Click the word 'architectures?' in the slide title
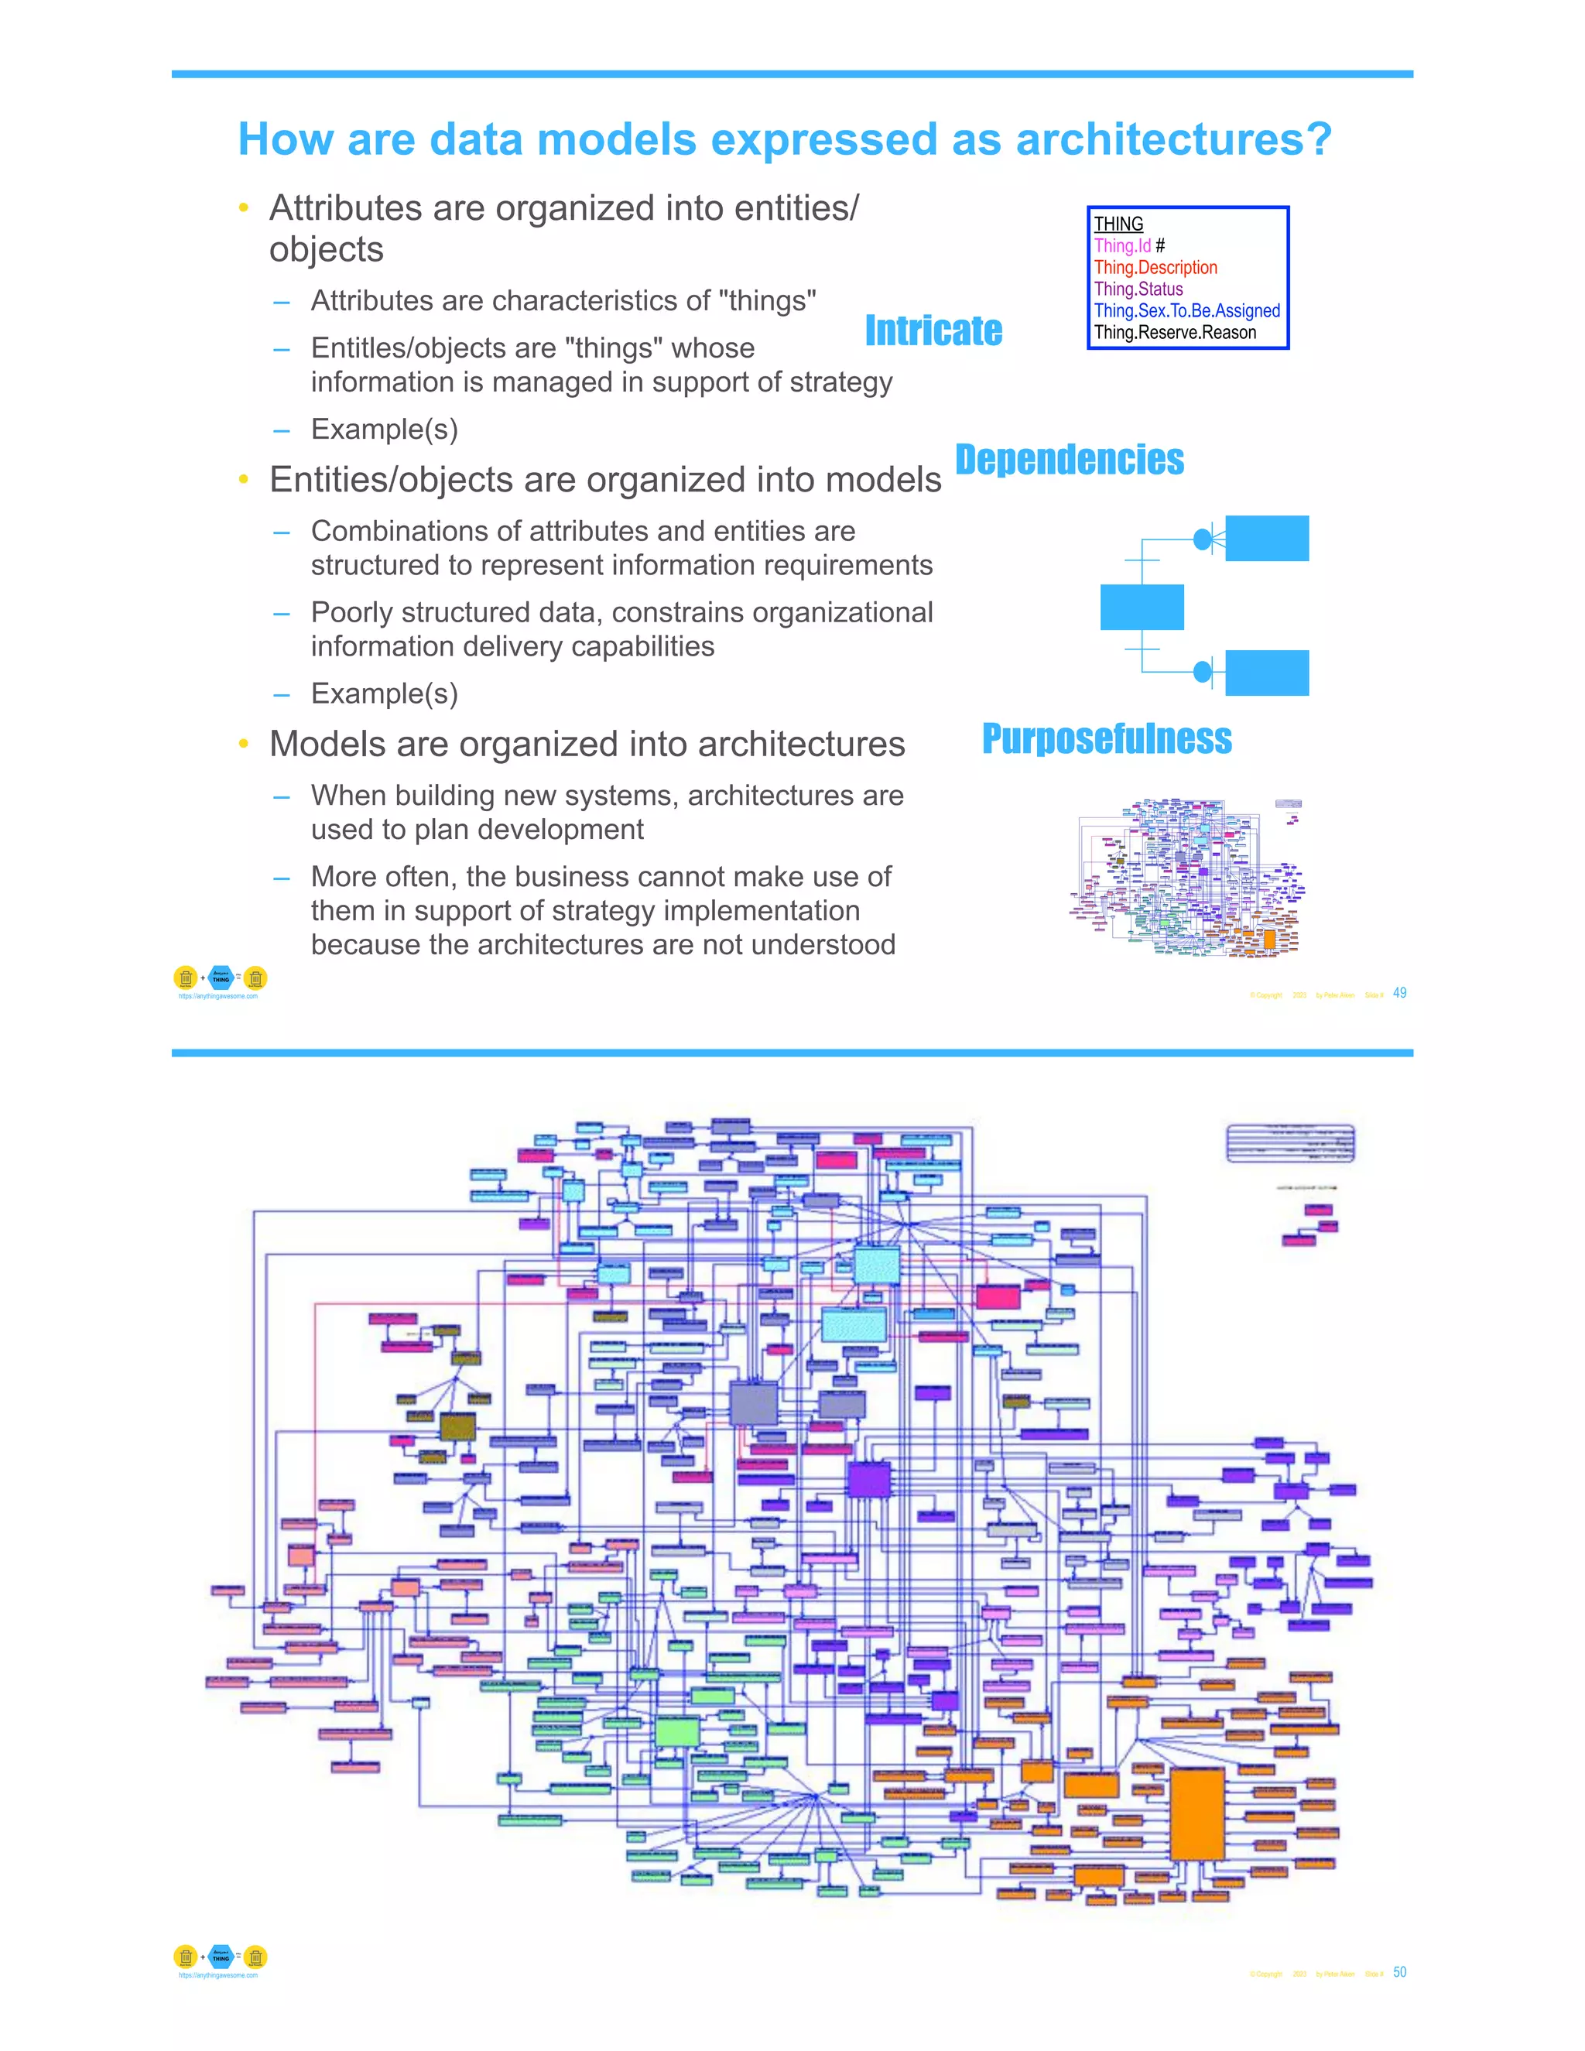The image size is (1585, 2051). pyautogui.click(x=1174, y=139)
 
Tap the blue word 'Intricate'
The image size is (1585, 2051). pyautogui.click(x=933, y=330)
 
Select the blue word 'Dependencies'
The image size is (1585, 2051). pyautogui.click(x=1070, y=461)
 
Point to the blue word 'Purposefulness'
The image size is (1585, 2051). pyautogui.click(x=1106, y=739)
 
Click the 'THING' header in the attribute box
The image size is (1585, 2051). pyautogui.click(x=1118, y=224)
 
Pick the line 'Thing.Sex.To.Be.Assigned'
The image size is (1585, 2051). pyautogui.click(x=1187, y=311)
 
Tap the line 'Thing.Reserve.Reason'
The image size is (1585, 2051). pyautogui.click(x=1175, y=333)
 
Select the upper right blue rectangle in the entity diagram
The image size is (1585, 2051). pyautogui.click(x=1267, y=538)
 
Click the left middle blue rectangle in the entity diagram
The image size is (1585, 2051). pyautogui.click(x=1142, y=607)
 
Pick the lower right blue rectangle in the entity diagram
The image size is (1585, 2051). pyautogui.click(x=1267, y=673)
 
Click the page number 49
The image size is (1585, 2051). pyautogui.click(x=1399, y=993)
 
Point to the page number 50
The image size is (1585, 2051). pyautogui.click(x=1399, y=1972)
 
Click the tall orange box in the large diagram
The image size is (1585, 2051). pyautogui.click(x=1197, y=1813)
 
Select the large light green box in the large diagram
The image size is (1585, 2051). pyautogui.click(x=677, y=1731)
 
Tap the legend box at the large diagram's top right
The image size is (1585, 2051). pyautogui.click(x=1290, y=1143)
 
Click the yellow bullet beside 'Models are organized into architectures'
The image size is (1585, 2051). pyautogui.click(x=244, y=745)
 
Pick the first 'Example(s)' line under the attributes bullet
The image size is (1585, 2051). pyautogui.click(x=384, y=430)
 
